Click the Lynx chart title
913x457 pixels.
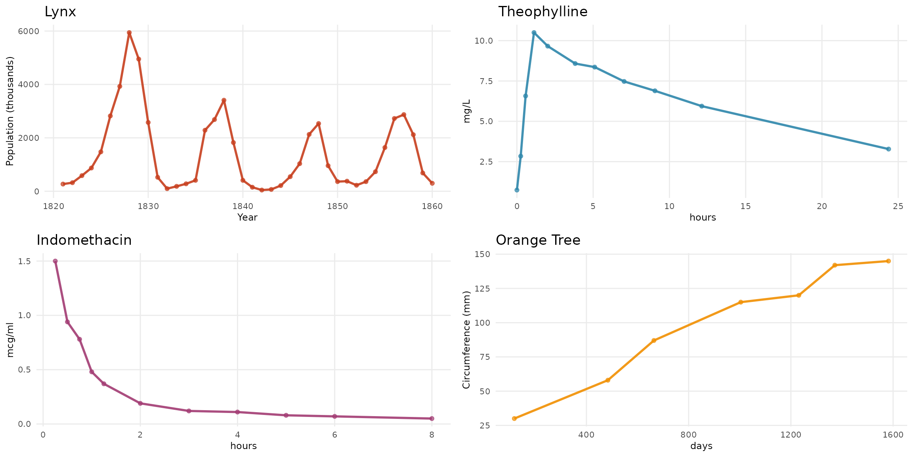coord(60,12)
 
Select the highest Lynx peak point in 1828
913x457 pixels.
coord(129,33)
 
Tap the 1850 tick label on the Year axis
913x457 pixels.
coord(337,206)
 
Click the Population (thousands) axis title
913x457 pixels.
coord(10,111)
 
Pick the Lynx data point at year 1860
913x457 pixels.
coord(432,183)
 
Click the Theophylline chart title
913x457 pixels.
coord(542,12)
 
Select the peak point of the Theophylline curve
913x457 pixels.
coord(534,33)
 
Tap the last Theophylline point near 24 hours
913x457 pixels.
coord(888,149)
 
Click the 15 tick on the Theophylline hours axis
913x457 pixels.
coord(746,206)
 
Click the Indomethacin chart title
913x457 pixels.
coord(84,240)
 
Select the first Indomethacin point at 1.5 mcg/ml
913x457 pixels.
coord(55,261)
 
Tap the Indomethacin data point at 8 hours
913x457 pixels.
coord(432,419)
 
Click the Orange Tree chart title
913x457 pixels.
coord(538,240)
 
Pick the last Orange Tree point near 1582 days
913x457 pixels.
coord(888,261)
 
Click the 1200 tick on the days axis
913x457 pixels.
coord(791,435)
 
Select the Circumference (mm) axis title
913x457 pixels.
coord(466,340)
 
